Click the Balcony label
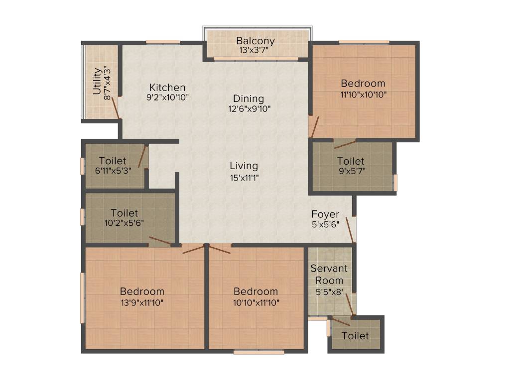click(255, 40)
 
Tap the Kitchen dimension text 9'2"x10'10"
click(168, 97)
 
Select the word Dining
click(249, 98)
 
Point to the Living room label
click(244, 166)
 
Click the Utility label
click(97, 81)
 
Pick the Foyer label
click(325, 214)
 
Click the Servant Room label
click(329, 274)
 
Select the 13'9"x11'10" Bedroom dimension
click(142, 302)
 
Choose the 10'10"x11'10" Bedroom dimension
click(255, 302)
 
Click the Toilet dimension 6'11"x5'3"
click(113, 171)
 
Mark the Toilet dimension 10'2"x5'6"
click(124, 223)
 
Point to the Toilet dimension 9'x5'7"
click(351, 171)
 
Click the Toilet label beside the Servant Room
click(356, 336)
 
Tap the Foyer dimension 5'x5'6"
click(325, 224)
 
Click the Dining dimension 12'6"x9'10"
click(249, 109)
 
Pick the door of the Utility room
click(116, 107)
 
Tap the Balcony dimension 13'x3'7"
click(255, 50)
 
